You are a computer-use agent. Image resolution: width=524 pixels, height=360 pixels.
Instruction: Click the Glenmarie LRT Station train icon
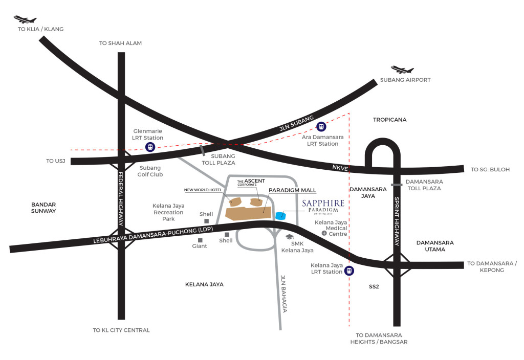click(x=150, y=147)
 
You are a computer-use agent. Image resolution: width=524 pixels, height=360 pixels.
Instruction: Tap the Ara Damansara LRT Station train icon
click(x=321, y=127)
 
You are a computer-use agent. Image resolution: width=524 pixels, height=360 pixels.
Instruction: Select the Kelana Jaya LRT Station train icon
click(x=349, y=271)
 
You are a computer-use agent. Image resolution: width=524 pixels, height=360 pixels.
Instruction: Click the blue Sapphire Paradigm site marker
click(x=281, y=215)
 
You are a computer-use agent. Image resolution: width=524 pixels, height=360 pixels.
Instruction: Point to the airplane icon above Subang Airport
click(x=402, y=70)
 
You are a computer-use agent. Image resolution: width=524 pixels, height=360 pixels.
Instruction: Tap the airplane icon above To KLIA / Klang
click(x=25, y=19)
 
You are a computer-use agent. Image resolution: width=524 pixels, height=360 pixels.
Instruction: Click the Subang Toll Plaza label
click(x=219, y=160)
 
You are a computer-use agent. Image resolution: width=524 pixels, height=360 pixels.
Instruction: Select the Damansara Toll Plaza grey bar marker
click(x=397, y=185)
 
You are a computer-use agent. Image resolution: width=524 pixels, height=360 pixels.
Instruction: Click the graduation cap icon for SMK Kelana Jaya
click(x=290, y=237)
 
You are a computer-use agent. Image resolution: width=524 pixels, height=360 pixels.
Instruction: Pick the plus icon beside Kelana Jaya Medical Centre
click(x=324, y=233)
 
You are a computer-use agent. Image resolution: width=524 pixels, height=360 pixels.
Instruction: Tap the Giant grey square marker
click(x=200, y=240)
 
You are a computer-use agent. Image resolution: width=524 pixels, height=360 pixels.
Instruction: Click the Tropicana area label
click(x=389, y=120)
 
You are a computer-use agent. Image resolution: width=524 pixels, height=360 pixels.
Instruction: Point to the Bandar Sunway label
click(x=43, y=208)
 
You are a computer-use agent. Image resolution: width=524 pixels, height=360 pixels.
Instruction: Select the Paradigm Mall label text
click(x=292, y=190)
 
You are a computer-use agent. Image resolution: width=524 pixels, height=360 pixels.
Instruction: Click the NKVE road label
click(x=340, y=168)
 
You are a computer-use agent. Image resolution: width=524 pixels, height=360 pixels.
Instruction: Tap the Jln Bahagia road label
click(x=283, y=294)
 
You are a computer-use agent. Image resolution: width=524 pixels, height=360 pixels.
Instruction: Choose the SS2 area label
click(x=374, y=286)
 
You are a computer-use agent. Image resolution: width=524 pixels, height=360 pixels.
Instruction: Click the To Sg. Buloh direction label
click(x=490, y=169)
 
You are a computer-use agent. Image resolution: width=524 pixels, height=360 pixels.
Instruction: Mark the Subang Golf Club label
click(x=150, y=171)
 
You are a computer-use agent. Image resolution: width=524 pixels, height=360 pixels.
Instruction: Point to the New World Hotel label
click(x=203, y=190)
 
